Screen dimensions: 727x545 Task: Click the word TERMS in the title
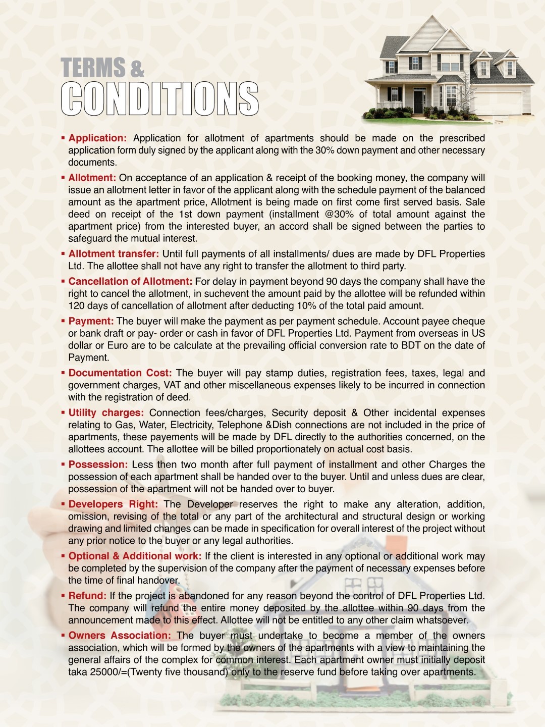(x=93, y=68)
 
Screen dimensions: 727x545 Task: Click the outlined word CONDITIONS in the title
(x=160, y=98)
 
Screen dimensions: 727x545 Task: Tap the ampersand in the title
(x=137, y=69)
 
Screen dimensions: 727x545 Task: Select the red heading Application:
(x=97, y=138)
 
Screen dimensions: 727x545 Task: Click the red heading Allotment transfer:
(x=114, y=253)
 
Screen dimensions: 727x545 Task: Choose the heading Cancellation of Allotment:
(x=130, y=281)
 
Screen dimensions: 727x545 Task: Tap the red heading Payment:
(x=91, y=321)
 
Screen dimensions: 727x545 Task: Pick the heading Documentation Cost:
(x=120, y=373)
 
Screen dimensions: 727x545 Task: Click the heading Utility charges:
(x=106, y=412)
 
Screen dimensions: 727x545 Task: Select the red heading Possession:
(x=98, y=464)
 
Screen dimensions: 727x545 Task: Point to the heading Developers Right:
(x=113, y=504)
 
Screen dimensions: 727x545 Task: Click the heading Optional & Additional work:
(x=135, y=556)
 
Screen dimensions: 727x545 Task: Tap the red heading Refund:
(x=87, y=596)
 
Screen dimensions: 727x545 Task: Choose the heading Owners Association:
(x=120, y=635)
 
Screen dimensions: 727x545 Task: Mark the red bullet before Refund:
(x=63, y=596)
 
